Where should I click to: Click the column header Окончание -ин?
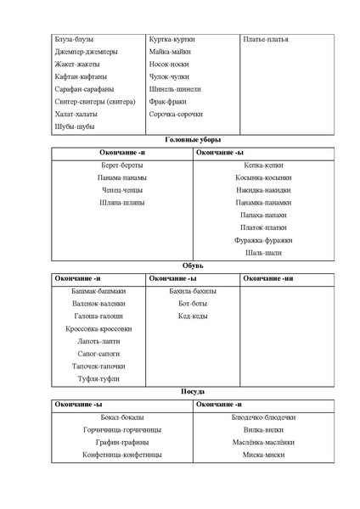click(x=268, y=278)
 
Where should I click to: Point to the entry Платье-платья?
click(x=265, y=39)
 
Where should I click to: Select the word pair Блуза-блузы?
click(x=73, y=39)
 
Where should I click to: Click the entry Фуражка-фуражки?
click(x=263, y=240)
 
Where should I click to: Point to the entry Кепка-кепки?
click(x=263, y=165)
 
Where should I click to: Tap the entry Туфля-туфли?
click(x=98, y=378)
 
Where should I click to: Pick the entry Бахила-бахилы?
click(x=192, y=291)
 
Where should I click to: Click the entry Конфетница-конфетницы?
click(x=122, y=455)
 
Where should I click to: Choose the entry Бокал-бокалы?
click(x=122, y=417)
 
